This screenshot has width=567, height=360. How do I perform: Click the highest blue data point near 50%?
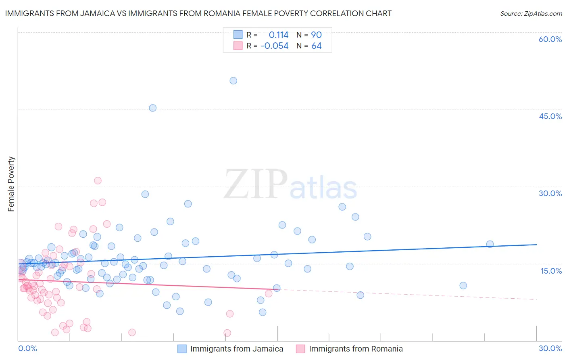233,81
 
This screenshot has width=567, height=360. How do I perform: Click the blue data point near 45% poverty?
152,108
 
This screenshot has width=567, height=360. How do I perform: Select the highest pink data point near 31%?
98,180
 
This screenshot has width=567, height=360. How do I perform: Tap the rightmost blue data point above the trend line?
490,244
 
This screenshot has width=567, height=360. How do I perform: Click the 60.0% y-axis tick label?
550,39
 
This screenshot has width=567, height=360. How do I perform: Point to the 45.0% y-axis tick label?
550,116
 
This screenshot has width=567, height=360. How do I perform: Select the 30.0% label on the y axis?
550,193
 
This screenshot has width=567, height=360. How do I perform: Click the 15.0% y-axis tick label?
551,271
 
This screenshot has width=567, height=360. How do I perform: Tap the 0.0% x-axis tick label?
27,348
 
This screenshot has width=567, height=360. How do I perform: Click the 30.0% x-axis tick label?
550,348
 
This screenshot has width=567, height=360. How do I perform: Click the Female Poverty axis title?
11,184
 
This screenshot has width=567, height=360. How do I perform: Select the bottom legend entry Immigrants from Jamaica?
236,349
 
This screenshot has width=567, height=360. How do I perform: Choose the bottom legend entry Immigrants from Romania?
356,349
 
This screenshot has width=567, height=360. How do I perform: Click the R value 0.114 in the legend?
279,35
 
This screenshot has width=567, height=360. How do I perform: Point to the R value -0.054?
275,46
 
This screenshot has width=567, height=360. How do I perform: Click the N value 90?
316,35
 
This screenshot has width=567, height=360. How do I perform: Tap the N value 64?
316,46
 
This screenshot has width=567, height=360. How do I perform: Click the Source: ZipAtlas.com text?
531,14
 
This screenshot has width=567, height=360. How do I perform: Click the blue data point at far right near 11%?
463,285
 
